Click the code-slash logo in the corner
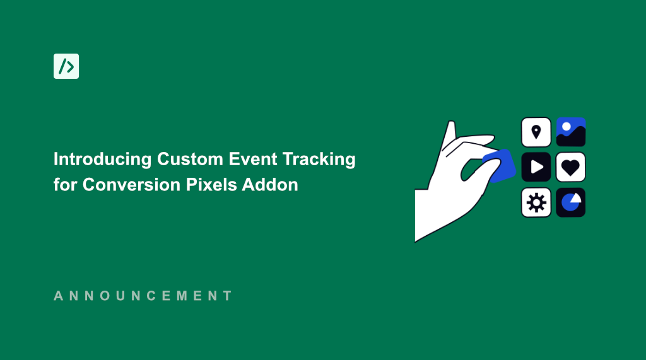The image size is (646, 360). click(66, 66)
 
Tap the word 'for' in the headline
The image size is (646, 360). click(66, 185)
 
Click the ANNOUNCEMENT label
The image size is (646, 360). click(143, 296)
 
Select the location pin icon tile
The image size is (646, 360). click(536, 132)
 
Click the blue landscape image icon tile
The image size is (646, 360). click(571, 132)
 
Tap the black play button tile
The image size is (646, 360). click(536, 167)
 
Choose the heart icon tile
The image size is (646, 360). click(571, 167)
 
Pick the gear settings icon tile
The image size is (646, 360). click(536, 202)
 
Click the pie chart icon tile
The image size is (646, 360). click(571, 202)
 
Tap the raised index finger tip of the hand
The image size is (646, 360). click(450, 125)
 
